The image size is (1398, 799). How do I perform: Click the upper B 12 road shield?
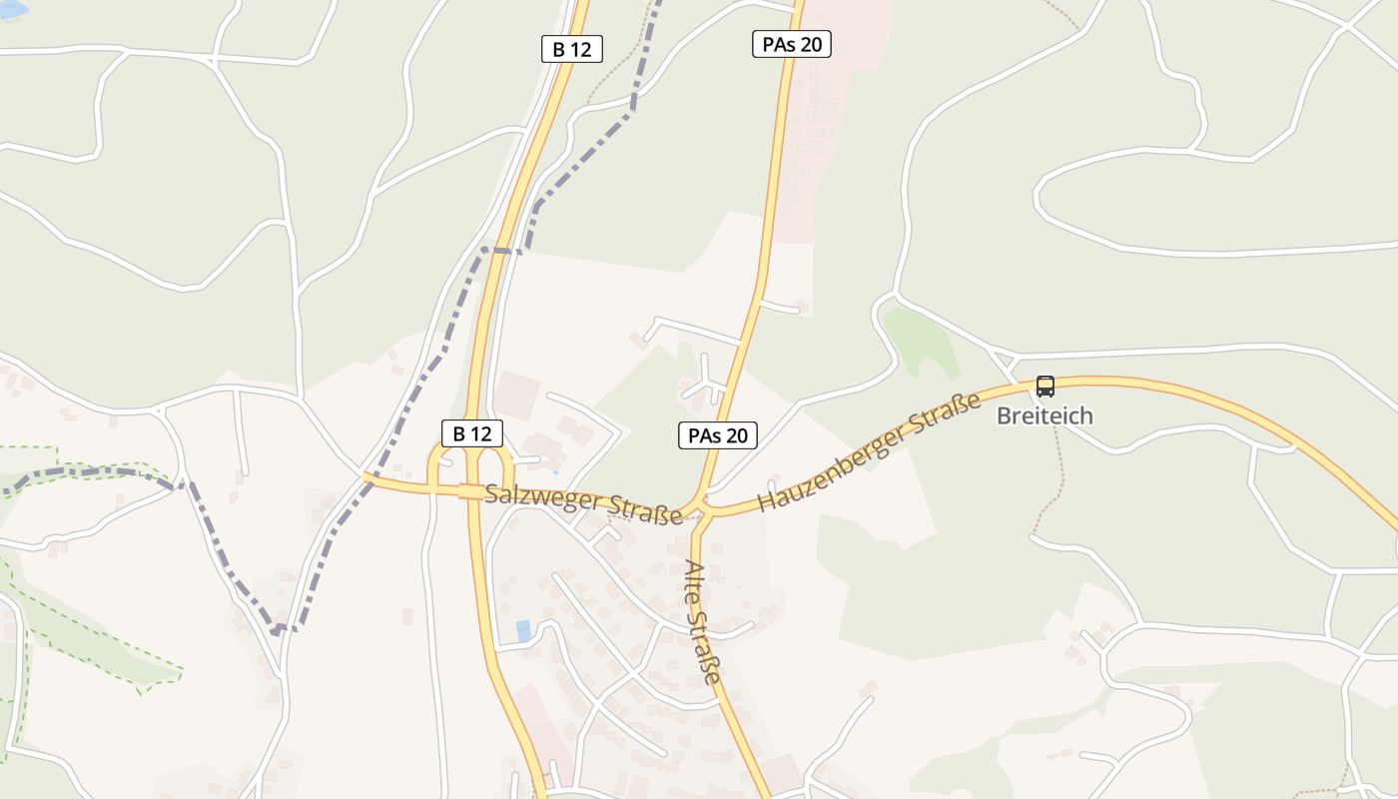(x=572, y=49)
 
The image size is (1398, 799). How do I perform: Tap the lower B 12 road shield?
(x=472, y=433)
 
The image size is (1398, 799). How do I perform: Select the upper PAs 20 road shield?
(x=792, y=44)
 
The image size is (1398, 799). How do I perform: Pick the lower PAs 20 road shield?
(x=718, y=435)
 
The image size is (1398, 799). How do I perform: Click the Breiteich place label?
(x=1045, y=415)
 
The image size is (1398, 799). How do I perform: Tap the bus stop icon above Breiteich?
(x=1045, y=386)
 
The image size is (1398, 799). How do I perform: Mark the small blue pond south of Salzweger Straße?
(x=523, y=630)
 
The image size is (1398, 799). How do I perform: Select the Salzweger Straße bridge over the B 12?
(x=469, y=490)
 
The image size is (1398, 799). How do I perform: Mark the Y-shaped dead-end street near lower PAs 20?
(x=706, y=378)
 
